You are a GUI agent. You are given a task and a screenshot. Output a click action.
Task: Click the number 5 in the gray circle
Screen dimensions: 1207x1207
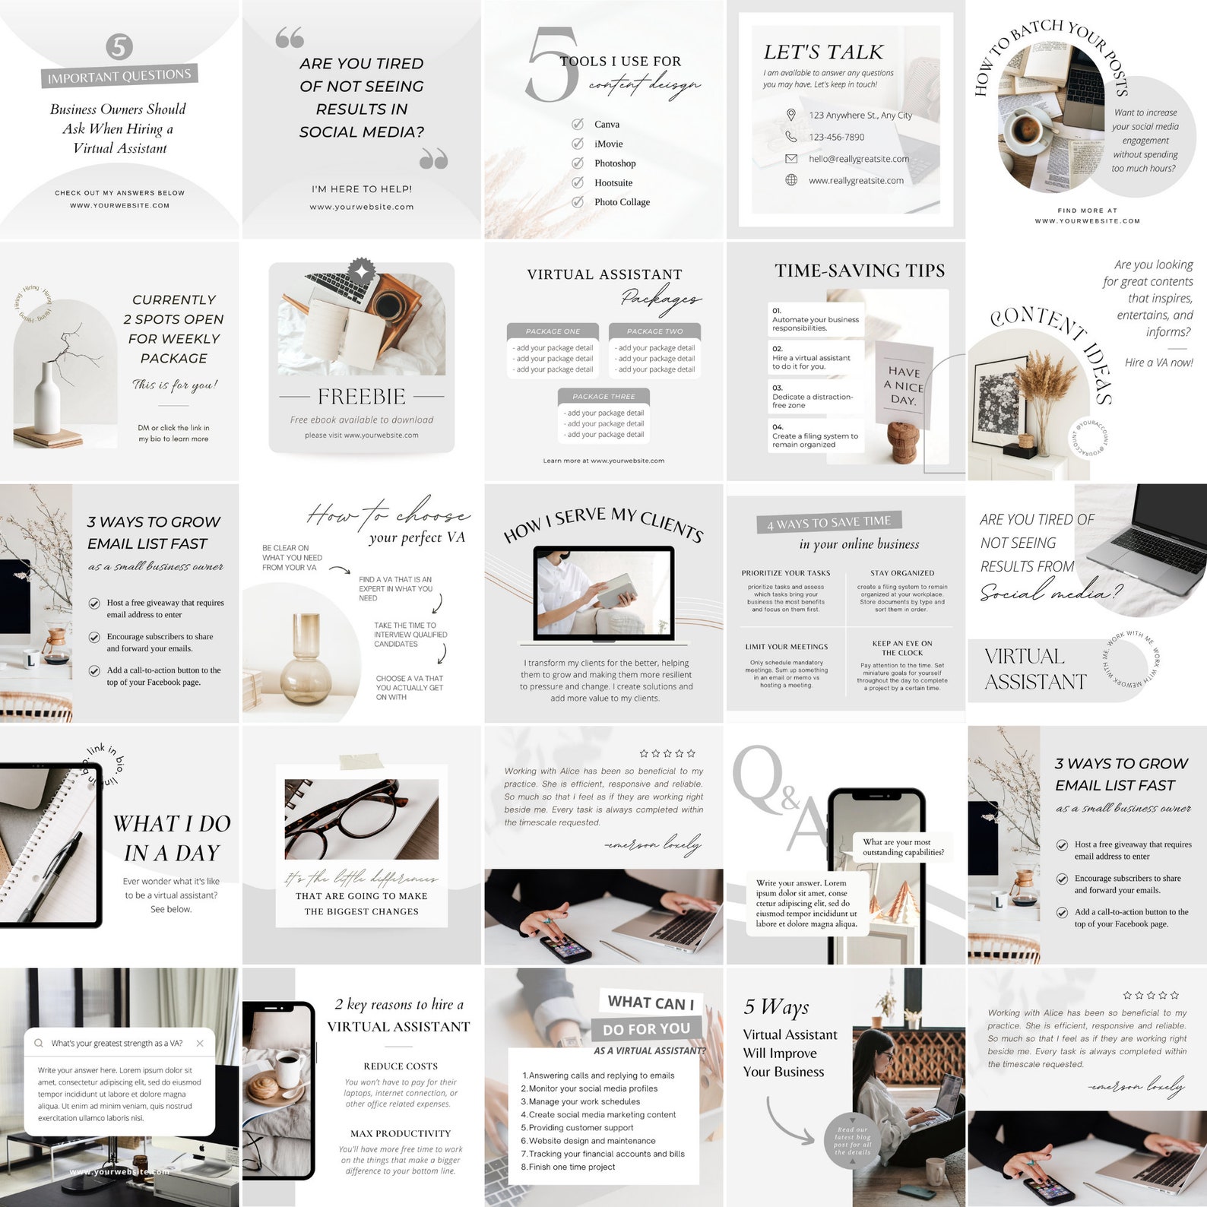tap(119, 46)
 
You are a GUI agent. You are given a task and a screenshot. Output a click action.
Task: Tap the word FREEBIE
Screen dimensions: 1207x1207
tap(361, 396)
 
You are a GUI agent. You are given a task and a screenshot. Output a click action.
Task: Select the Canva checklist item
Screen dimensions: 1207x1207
tap(607, 124)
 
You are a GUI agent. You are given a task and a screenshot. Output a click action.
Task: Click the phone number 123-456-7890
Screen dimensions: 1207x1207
tap(836, 137)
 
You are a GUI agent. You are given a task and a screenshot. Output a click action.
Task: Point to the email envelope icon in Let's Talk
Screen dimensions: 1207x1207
tap(791, 159)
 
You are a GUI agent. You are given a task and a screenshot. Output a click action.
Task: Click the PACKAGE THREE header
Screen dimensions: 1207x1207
tap(603, 396)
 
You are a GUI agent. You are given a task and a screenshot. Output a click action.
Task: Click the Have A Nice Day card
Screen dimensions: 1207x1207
tap(904, 385)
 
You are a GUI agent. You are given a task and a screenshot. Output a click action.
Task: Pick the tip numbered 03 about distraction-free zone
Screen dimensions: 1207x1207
tap(813, 397)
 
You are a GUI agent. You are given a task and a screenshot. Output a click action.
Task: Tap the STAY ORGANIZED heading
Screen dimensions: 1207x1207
tap(902, 573)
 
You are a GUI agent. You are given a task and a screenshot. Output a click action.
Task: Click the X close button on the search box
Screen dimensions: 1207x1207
tap(200, 1043)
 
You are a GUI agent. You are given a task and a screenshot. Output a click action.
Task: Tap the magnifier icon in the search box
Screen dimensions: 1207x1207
tap(39, 1043)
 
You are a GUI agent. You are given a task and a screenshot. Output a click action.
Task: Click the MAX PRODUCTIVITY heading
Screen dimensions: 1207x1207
tap(401, 1133)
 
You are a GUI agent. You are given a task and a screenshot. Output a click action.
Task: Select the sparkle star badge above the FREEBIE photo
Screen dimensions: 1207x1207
tap(362, 271)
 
